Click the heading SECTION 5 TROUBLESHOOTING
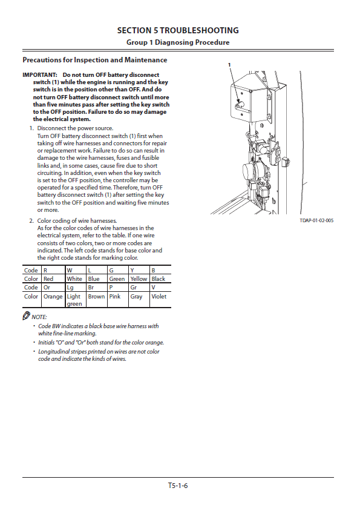(178, 30)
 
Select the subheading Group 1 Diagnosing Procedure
(178, 42)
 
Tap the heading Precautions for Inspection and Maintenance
(95, 60)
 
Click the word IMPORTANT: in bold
(40, 75)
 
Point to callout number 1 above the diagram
(229, 65)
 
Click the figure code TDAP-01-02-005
(316, 220)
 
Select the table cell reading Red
(48, 279)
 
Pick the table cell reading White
(74, 279)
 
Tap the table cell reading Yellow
(139, 279)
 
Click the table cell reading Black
(159, 279)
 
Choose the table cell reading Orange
(53, 297)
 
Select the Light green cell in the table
(74, 300)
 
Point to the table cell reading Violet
(159, 297)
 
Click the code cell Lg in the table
(70, 288)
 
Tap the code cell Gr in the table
(133, 288)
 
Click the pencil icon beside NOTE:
(26, 315)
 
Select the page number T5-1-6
(178, 486)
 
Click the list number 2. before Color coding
(31, 221)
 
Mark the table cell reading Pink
(114, 297)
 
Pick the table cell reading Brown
(96, 297)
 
